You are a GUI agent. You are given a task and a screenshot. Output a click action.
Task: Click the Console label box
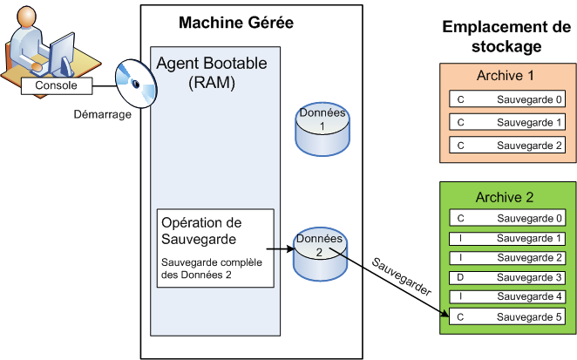tap(55, 85)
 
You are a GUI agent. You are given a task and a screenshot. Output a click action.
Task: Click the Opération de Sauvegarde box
tap(215, 248)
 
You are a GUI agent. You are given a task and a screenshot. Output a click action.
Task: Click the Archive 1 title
tap(506, 76)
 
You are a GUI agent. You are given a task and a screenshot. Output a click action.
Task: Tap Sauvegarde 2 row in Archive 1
tap(506, 145)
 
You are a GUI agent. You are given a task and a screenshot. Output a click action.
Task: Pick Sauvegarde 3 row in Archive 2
tap(506, 277)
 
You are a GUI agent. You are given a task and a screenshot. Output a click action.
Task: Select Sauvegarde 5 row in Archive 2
tap(506, 317)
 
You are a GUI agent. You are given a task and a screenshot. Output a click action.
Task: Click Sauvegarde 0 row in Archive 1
tap(506, 99)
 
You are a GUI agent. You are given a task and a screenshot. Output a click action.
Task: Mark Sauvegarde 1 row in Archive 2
tap(506, 238)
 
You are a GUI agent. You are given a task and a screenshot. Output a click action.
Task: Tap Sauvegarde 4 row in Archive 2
tap(506, 297)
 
